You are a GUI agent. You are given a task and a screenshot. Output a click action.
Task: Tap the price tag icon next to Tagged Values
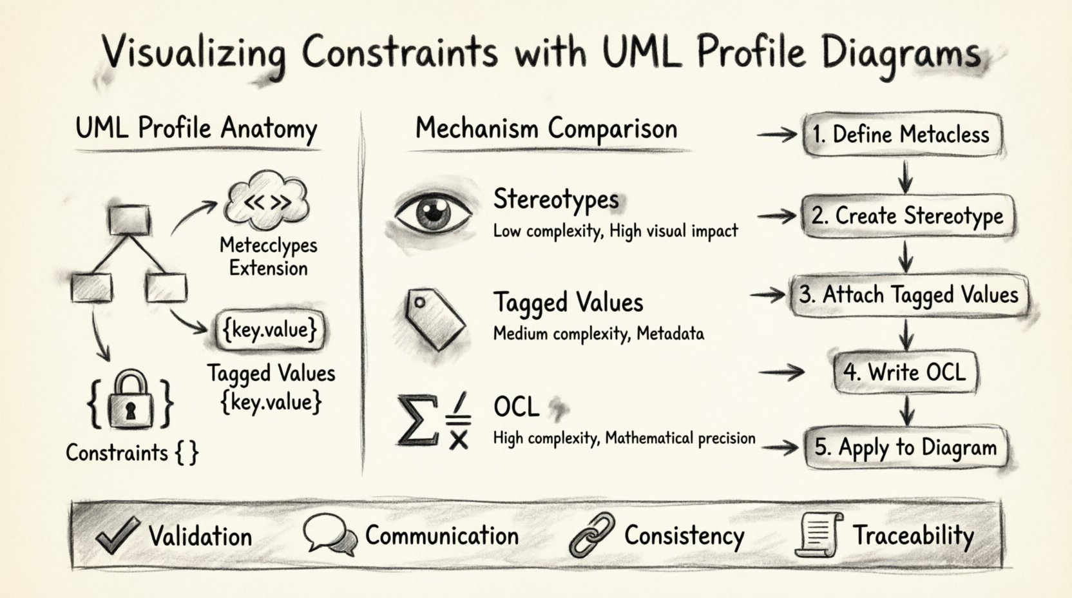[434, 318]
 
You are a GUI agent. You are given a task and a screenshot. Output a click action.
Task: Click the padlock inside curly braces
[131, 402]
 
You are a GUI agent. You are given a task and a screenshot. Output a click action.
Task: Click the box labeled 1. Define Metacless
[902, 135]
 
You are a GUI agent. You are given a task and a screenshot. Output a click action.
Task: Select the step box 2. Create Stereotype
[907, 216]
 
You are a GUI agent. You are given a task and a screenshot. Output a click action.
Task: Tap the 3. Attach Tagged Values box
[908, 295]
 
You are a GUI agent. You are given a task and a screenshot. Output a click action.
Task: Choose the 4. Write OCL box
[905, 372]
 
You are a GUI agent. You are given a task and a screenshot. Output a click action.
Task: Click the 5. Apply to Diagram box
[905, 447]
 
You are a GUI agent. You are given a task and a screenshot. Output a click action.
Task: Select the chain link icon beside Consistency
[591, 535]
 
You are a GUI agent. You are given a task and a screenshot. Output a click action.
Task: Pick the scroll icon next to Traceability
[818, 534]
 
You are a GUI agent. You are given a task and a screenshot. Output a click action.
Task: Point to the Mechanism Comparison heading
[546, 128]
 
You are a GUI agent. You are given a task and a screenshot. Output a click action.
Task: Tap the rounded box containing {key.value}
[270, 330]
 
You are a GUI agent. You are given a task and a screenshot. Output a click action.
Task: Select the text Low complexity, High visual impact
[615, 231]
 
